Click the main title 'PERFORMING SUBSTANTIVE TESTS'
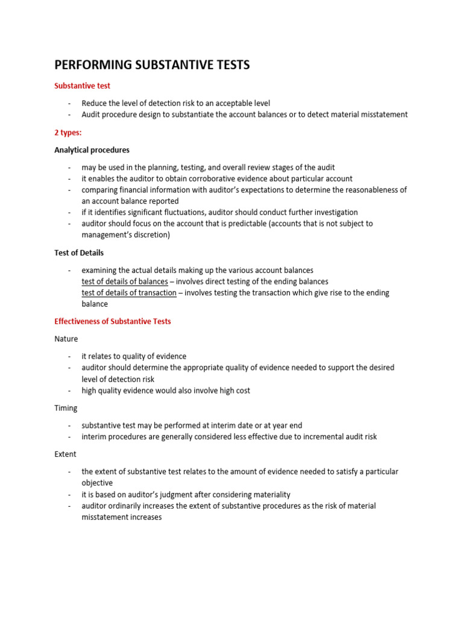click(152, 65)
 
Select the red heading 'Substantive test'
click(82, 86)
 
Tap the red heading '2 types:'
click(68, 133)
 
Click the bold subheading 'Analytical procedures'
click(92, 150)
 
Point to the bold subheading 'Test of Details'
click(79, 252)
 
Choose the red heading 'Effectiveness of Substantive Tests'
click(113, 321)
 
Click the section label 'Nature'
click(66, 339)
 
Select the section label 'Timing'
click(66, 408)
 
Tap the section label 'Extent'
click(66, 454)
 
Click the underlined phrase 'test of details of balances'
click(125, 281)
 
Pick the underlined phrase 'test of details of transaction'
click(129, 293)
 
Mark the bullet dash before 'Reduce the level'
click(70, 104)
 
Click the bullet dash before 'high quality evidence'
click(70, 390)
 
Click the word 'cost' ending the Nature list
click(242, 390)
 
